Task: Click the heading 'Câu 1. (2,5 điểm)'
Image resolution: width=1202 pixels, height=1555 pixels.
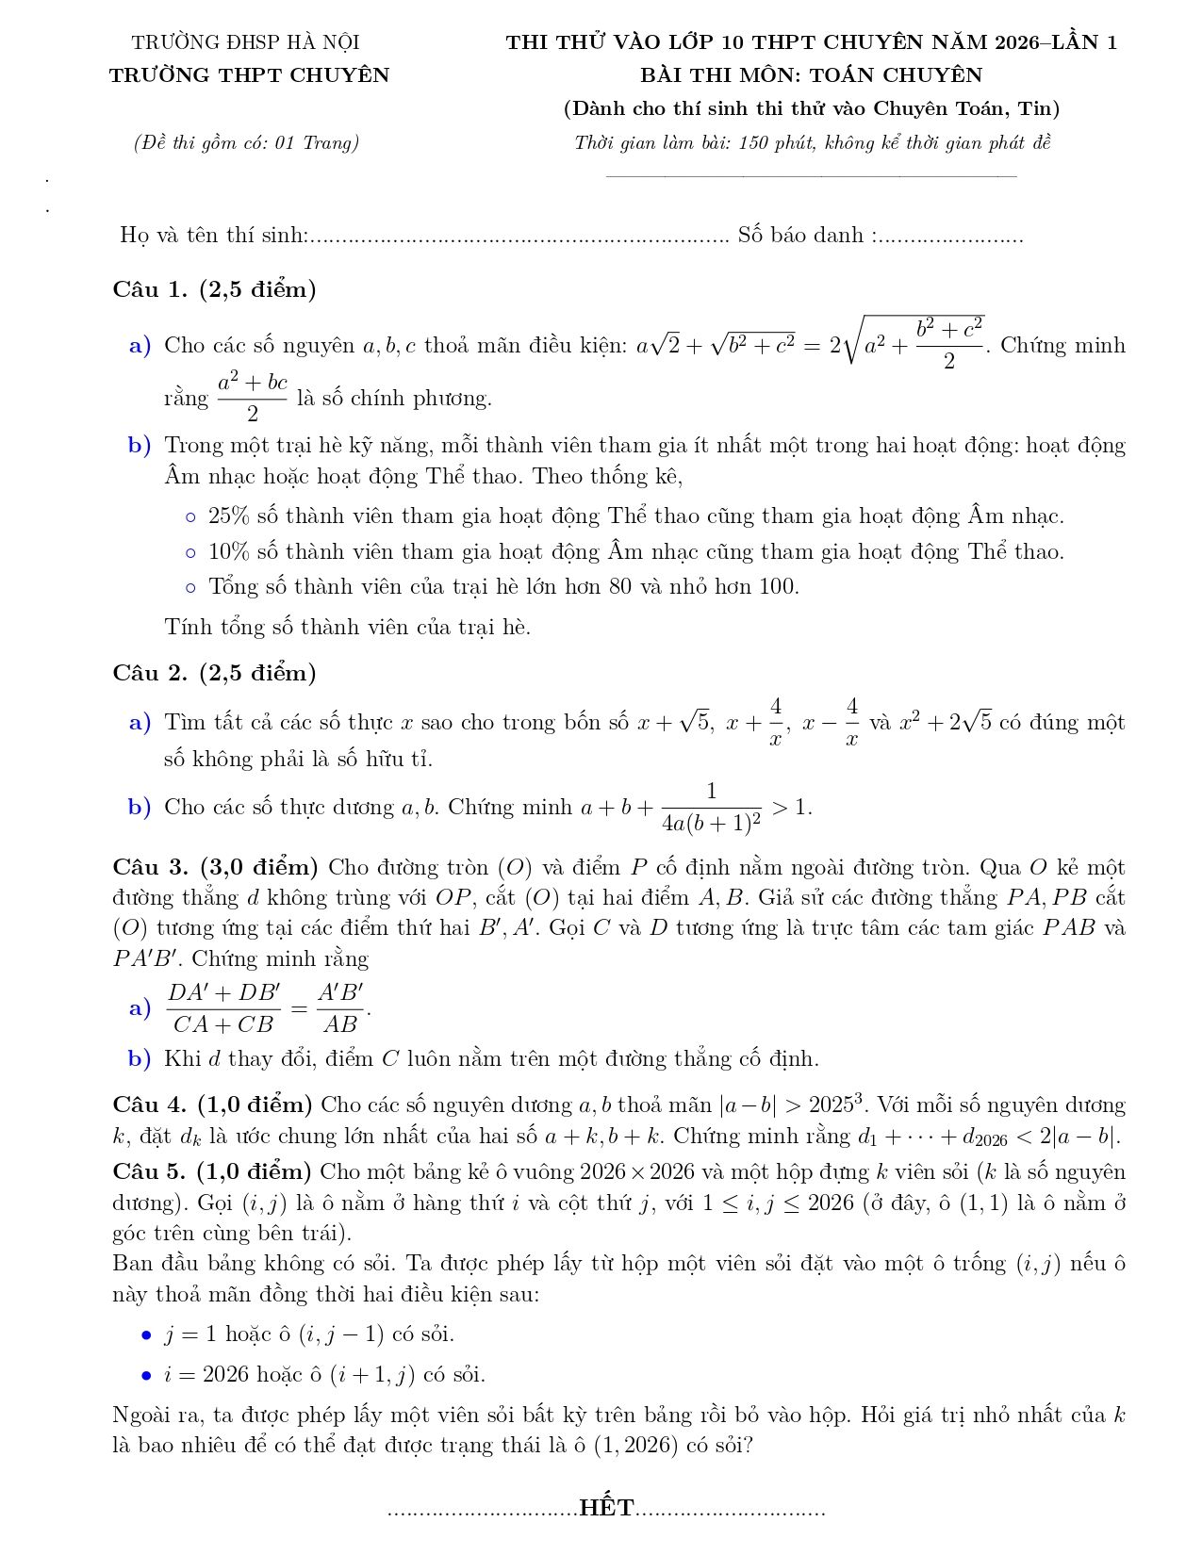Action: click(214, 289)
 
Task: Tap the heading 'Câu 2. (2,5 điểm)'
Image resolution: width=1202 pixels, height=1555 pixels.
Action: click(214, 673)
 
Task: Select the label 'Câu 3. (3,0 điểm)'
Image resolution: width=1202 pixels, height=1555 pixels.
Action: click(215, 867)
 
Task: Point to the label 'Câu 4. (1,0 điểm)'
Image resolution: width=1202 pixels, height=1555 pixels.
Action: click(212, 1105)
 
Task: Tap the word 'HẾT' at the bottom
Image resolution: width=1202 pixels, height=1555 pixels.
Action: click(606, 1508)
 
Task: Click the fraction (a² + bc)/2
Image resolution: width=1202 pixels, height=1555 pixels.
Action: click(253, 398)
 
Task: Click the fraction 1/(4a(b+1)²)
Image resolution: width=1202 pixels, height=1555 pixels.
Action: click(712, 808)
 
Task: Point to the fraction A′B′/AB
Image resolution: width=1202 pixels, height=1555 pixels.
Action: click(340, 1008)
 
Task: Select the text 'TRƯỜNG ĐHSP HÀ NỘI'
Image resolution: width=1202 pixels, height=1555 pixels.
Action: click(246, 42)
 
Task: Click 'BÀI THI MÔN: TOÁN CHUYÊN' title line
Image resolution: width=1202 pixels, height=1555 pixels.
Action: click(811, 75)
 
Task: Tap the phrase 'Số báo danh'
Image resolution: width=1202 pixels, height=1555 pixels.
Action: click(800, 236)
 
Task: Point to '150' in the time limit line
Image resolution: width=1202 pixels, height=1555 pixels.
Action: click(754, 143)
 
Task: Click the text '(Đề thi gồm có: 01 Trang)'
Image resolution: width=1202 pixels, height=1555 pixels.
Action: click(246, 143)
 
